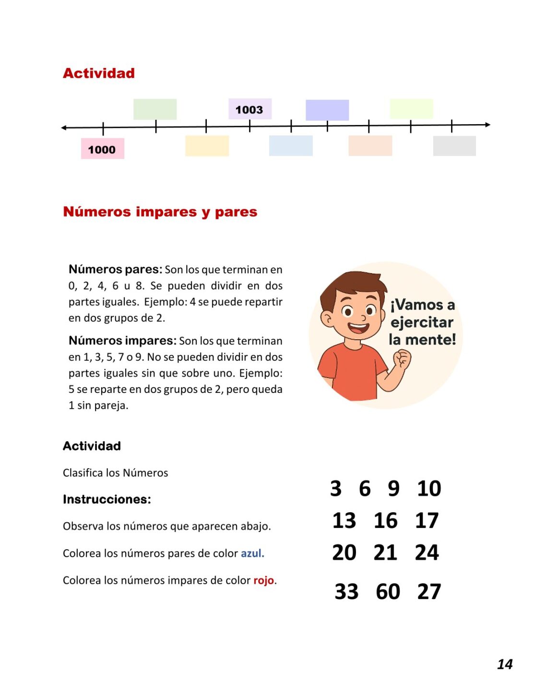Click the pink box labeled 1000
(x=102, y=149)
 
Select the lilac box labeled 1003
(x=249, y=109)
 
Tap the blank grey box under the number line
(x=454, y=146)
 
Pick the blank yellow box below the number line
(x=207, y=146)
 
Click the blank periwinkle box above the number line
(x=327, y=110)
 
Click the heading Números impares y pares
(x=160, y=211)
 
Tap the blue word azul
(x=252, y=553)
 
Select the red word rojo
(x=264, y=580)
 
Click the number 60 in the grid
(x=388, y=591)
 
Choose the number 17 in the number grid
(x=427, y=520)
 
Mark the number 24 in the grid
(x=427, y=552)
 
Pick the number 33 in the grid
(x=346, y=591)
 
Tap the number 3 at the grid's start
(x=335, y=488)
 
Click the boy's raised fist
(x=402, y=358)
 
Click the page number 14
(x=504, y=664)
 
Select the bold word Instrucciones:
(x=107, y=499)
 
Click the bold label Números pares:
(x=115, y=269)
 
